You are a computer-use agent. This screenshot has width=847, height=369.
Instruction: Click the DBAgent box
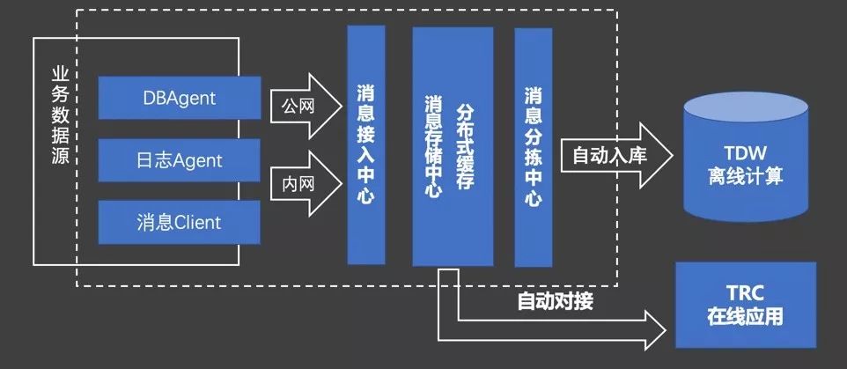pyautogui.click(x=180, y=98)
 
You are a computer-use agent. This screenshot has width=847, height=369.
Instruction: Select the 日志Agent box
pyautogui.click(x=180, y=160)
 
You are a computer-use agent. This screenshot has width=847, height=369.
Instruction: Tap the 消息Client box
pyautogui.click(x=180, y=223)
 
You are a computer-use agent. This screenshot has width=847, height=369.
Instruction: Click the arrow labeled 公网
pyautogui.click(x=306, y=107)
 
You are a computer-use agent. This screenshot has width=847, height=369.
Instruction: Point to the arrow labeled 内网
pyautogui.click(x=306, y=184)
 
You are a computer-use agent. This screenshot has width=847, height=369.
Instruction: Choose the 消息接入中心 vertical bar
pyautogui.click(x=366, y=144)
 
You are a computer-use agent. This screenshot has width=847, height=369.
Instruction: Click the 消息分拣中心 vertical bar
pyautogui.click(x=534, y=147)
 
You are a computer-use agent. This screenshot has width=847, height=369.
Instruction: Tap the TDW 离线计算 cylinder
pyautogui.click(x=746, y=157)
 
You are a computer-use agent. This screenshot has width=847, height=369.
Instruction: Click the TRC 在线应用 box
pyautogui.click(x=746, y=305)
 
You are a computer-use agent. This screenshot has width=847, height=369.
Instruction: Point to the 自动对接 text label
pyautogui.click(x=556, y=301)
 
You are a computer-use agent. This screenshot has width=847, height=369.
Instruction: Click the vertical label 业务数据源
pyautogui.click(x=60, y=115)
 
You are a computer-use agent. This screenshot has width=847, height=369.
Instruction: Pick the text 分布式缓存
pyautogui.click(x=465, y=147)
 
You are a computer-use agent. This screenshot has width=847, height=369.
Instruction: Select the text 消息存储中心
pyautogui.click(x=434, y=147)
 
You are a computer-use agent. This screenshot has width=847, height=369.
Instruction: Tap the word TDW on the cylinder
pyautogui.click(x=746, y=153)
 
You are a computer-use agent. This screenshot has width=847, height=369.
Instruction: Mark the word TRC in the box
pyautogui.click(x=746, y=294)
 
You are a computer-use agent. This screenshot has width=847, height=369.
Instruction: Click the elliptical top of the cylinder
pyautogui.click(x=746, y=111)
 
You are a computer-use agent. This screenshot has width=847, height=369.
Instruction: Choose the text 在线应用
pyautogui.click(x=746, y=316)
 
